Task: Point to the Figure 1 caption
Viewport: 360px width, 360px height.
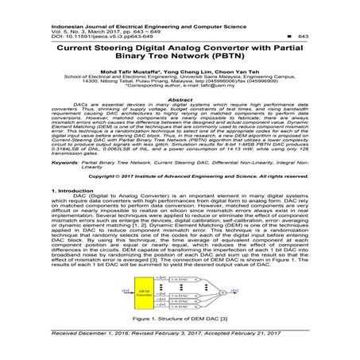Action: click(180, 318)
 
